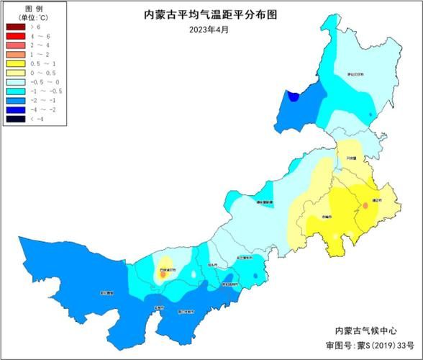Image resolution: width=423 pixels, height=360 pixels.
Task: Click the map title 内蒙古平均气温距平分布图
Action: click(210, 14)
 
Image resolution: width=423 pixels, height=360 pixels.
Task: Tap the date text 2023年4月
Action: click(210, 30)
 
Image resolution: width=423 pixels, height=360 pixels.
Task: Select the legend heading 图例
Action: click(24, 7)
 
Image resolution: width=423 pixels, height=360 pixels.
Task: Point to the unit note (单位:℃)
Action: click(24, 17)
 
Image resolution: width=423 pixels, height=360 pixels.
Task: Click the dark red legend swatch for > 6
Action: click(14, 27)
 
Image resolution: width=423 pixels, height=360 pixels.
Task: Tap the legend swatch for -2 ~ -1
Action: click(14, 100)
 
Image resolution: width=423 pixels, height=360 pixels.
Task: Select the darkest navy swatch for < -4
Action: click(14, 119)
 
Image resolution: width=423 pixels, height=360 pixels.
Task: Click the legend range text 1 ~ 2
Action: click(39, 54)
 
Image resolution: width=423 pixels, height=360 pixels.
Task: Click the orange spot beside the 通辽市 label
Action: click(365, 206)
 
